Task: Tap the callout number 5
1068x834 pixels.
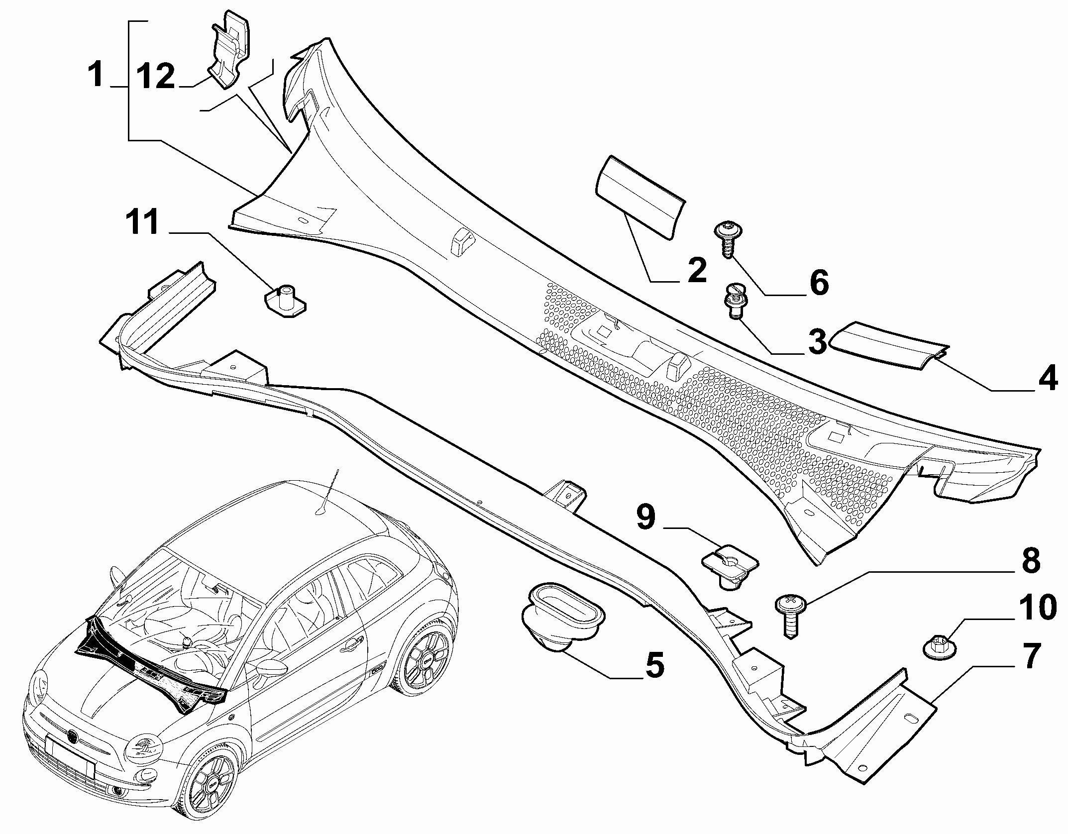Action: coord(654,665)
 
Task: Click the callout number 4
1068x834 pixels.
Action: coord(1047,378)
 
